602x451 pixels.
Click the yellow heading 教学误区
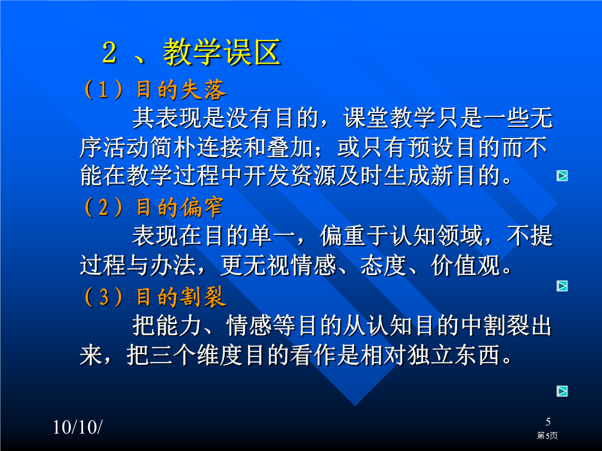pos(222,52)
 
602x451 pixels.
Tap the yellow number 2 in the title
pos(109,52)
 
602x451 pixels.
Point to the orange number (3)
pos(104,297)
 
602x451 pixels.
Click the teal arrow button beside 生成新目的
pos(562,175)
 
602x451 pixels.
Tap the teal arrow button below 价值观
pos(562,286)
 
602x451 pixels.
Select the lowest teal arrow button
pos(562,391)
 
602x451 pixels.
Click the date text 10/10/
pos(77,427)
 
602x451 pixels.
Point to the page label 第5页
pos(547,435)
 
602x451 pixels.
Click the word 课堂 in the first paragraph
pos(366,117)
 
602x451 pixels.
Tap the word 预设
pos(431,148)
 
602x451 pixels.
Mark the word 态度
pos(383,265)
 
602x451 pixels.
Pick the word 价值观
pos(465,265)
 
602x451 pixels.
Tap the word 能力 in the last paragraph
pos(167,326)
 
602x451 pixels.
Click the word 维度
pos(220,355)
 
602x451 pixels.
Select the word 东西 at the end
pos(477,355)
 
